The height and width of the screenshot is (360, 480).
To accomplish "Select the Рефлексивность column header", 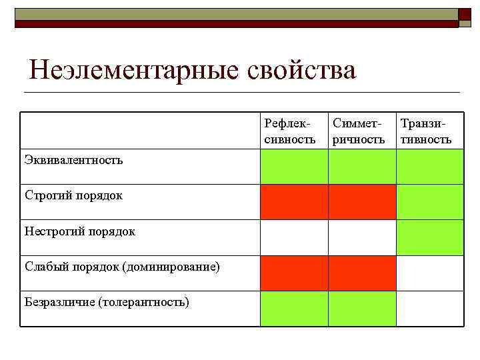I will coord(290,131).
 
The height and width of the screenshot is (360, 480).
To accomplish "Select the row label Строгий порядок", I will coord(73,195).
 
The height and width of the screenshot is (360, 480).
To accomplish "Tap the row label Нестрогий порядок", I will coord(80,231).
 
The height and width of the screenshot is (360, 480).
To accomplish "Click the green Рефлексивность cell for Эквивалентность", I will coord(293,166).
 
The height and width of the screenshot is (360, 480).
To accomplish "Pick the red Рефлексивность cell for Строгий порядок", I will coord(293,202).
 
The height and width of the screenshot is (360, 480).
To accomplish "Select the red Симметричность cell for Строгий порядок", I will coord(361,202).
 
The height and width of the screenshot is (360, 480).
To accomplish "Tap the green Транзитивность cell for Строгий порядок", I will coord(430,202).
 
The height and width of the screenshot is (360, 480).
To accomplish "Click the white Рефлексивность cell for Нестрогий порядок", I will coord(293,237).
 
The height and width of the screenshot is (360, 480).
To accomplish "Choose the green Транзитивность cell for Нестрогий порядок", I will coord(430,237).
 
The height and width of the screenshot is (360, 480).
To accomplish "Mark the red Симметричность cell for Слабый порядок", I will coord(361,273).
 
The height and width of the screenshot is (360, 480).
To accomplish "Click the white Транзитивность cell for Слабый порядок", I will coord(430,273).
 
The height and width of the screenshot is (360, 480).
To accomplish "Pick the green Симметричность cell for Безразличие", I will coord(361,309).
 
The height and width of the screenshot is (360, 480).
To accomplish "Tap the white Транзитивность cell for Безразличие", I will coord(430,309).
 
